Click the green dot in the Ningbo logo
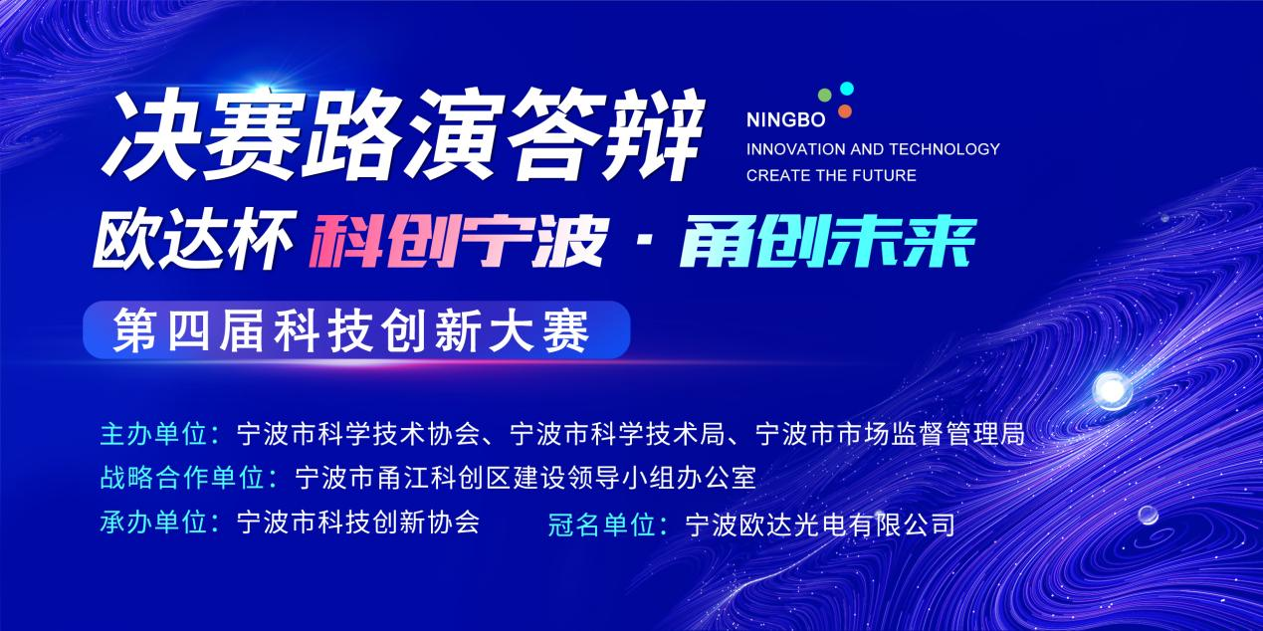[x=825, y=95]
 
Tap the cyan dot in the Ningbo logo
[x=846, y=89]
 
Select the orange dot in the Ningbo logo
[x=844, y=111]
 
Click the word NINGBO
[x=785, y=120]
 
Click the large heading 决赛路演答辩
[x=403, y=135]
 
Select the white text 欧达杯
[x=194, y=240]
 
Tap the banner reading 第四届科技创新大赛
[x=356, y=329]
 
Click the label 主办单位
[x=153, y=435]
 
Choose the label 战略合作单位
[x=181, y=478]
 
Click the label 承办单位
[x=153, y=523]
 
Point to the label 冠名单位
[x=601, y=525]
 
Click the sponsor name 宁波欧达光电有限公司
[x=820, y=525]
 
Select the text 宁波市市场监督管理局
[x=890, y=435]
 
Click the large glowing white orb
[x=1112, y=390]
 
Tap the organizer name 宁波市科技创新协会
[x=358, y=523]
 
